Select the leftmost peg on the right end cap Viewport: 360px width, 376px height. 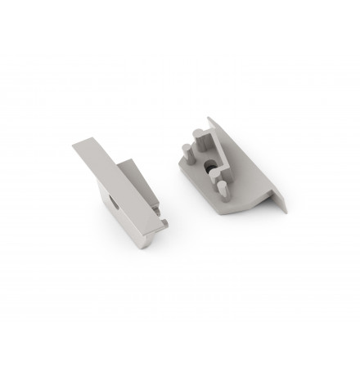pos(186,152)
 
